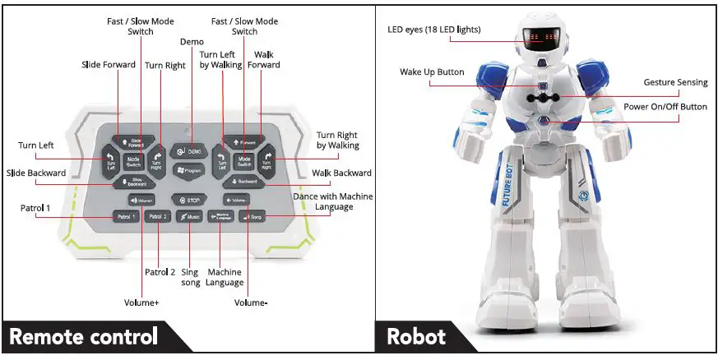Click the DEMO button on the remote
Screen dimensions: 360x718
(187, 152)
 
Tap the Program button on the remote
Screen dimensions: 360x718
(188, 170)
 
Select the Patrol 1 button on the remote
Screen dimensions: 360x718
(125, 217)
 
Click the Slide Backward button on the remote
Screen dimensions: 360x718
(136, 182)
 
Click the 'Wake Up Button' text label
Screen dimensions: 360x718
(432, 72)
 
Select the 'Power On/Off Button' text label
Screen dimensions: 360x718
(665, 107)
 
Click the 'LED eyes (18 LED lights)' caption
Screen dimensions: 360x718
(434, 30)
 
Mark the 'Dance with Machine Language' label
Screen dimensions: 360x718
(333, 201)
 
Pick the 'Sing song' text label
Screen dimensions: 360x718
(190, 277)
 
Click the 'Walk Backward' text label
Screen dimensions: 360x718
(341, 173)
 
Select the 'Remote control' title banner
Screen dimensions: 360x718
(83, 337)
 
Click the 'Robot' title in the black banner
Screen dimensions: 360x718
(416, 337)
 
